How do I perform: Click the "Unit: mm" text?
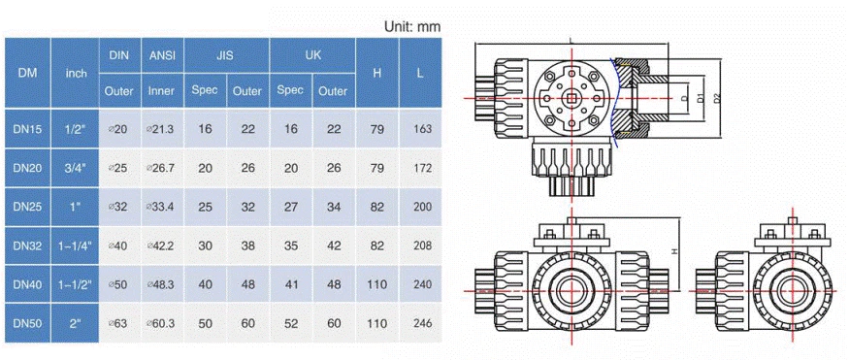(x=412, y=26)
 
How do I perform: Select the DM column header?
(x=27, y=73)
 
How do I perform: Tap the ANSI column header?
(x=162, y=55)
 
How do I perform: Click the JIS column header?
(x=226, y=55)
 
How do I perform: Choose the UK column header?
(x=311, y=55)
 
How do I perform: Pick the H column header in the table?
(x=376, y=73)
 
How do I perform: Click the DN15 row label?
(x=27, y=129)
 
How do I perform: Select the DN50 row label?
(x=27, y=324)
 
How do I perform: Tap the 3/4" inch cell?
(x=76, y=168)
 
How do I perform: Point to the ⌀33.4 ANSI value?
(x=161, y=207)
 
